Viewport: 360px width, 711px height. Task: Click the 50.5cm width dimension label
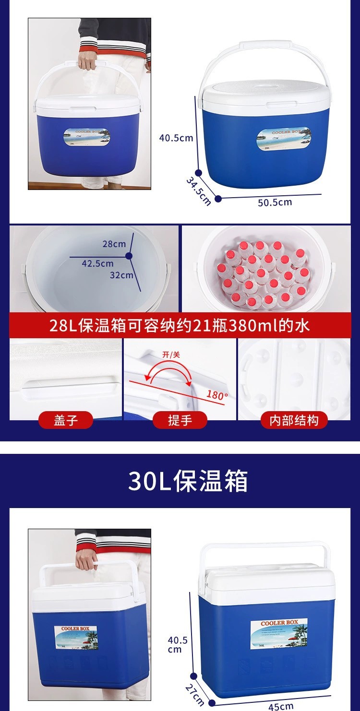click(x=275, y=202)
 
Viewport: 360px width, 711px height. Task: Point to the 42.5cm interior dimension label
click(x=97, y=263)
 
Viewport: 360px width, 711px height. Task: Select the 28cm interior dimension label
click(x=114, y=244)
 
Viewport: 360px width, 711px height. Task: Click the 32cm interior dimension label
click(x=121, y=275)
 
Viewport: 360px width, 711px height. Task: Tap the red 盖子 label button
click(x=66, y=420)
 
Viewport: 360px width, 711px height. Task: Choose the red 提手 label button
click(x=180, y=420)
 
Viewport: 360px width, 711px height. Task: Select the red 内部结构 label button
click(x=294, y=420)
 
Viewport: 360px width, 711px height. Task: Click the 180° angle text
click(x=217, y=395)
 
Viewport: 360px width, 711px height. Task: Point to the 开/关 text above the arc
click(x=171, y=355)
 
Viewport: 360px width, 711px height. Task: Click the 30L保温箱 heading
click(x=188, y=481)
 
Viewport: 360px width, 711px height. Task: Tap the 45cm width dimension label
click(x=281, y=706)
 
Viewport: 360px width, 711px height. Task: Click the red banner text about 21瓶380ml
click(x=180, y=326)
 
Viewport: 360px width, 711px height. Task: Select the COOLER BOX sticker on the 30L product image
click(x=279, y=633)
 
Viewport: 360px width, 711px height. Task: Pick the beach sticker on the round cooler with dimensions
click(x=283, y=140)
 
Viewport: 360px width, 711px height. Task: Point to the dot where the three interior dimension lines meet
click(x=129, y=257)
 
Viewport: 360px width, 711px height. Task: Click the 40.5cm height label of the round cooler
click(x=176, y=138)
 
